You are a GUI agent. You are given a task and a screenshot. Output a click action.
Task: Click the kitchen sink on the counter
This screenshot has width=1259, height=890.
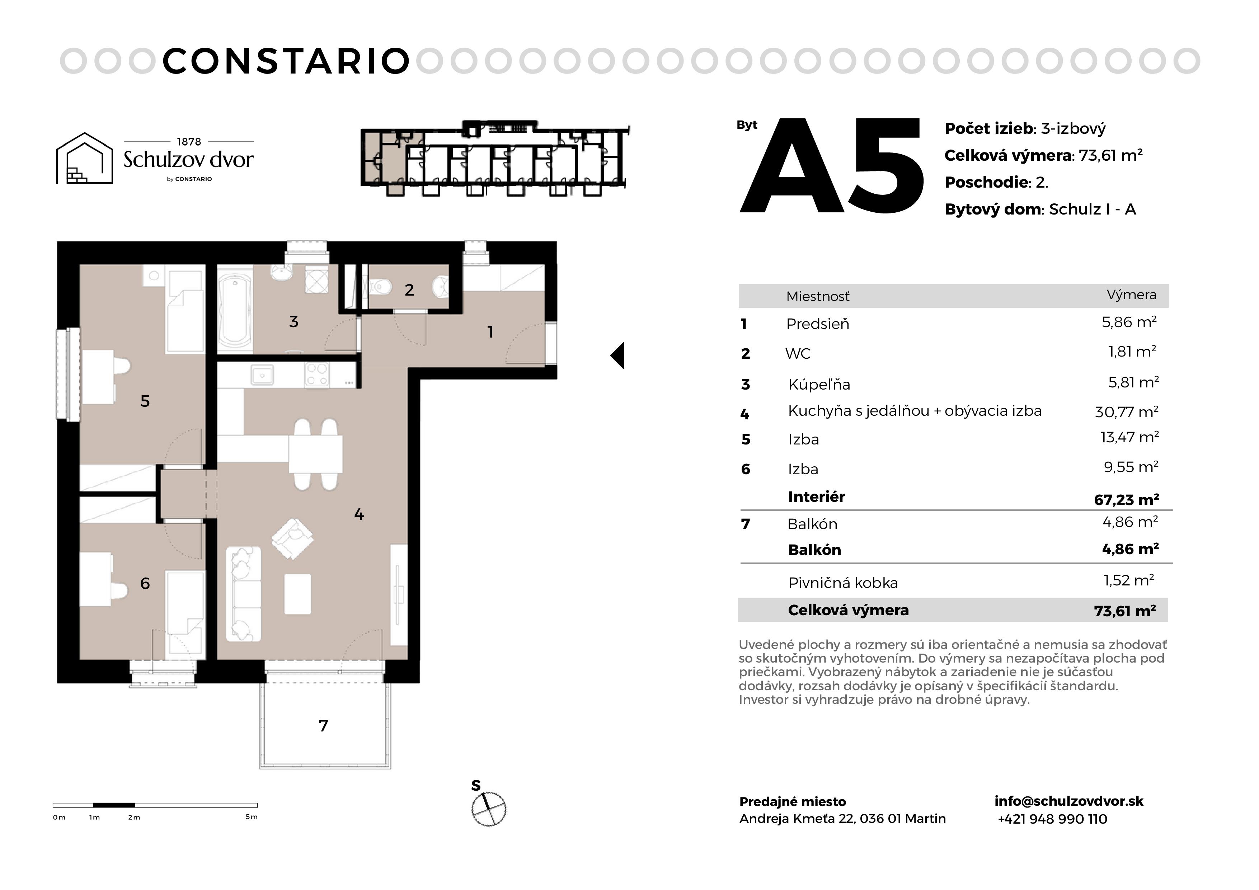[262, 376]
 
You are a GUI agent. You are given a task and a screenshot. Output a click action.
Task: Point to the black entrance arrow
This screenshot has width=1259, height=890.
[617, 355]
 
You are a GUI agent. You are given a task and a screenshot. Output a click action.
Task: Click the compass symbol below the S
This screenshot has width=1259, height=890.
[489, 809]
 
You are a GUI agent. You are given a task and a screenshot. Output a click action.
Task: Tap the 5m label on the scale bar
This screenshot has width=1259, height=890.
[252, 816]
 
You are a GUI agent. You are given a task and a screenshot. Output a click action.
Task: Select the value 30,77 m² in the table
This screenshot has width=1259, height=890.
[1126, 411]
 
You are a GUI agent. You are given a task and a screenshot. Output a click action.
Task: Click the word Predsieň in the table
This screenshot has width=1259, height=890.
[818, 324]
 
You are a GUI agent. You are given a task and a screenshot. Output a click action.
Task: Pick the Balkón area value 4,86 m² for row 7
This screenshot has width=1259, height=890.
[1130, 522]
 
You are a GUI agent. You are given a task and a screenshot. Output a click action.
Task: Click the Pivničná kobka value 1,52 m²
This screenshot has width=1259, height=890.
[1128, 580]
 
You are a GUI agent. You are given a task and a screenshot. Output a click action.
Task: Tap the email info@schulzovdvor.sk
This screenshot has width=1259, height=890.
[1069, 801]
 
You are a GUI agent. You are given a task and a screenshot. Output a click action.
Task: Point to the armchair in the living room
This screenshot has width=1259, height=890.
[292, 538]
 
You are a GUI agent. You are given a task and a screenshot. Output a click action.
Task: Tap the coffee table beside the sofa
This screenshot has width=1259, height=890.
[298, 594]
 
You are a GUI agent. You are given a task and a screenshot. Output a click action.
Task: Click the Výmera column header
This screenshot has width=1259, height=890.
[1131, 295]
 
